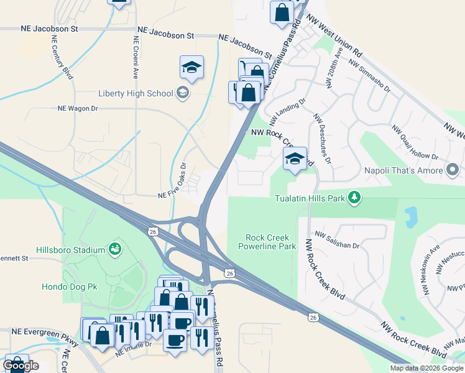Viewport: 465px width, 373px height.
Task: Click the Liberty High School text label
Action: [x=136, y=94]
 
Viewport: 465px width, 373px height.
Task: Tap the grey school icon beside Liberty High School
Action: [x=182, y=94]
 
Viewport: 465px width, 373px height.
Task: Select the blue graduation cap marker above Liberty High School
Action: [x=191, y=68]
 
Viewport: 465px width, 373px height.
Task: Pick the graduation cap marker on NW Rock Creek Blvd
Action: [x=295, y=159]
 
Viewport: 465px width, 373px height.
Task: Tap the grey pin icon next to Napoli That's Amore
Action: [x=453, y=169]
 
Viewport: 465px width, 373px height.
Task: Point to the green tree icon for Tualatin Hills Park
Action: [x=354, y=198]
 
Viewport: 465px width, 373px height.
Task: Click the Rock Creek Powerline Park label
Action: [x=270, y=242]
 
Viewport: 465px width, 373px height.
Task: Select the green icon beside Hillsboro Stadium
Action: [x=114, y=250]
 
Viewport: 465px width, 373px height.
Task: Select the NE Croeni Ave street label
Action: [x=135, y=56]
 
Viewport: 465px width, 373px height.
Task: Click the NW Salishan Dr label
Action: [x=337, y=241]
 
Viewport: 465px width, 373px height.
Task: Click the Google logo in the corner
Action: [x=21, y=366]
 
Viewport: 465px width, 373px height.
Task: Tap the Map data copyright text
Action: [x=426, y=368]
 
